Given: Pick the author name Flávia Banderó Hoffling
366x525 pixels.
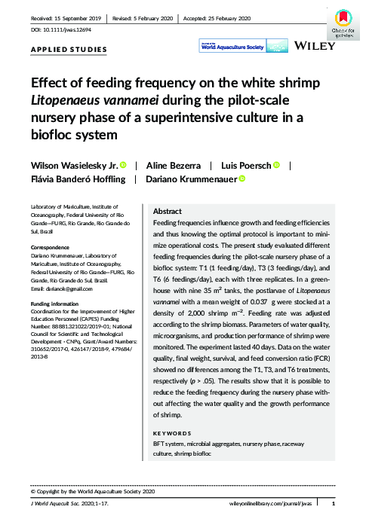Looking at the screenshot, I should tap(77, 179).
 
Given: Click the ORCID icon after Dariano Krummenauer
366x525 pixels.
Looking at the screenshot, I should tap(242, 179).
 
